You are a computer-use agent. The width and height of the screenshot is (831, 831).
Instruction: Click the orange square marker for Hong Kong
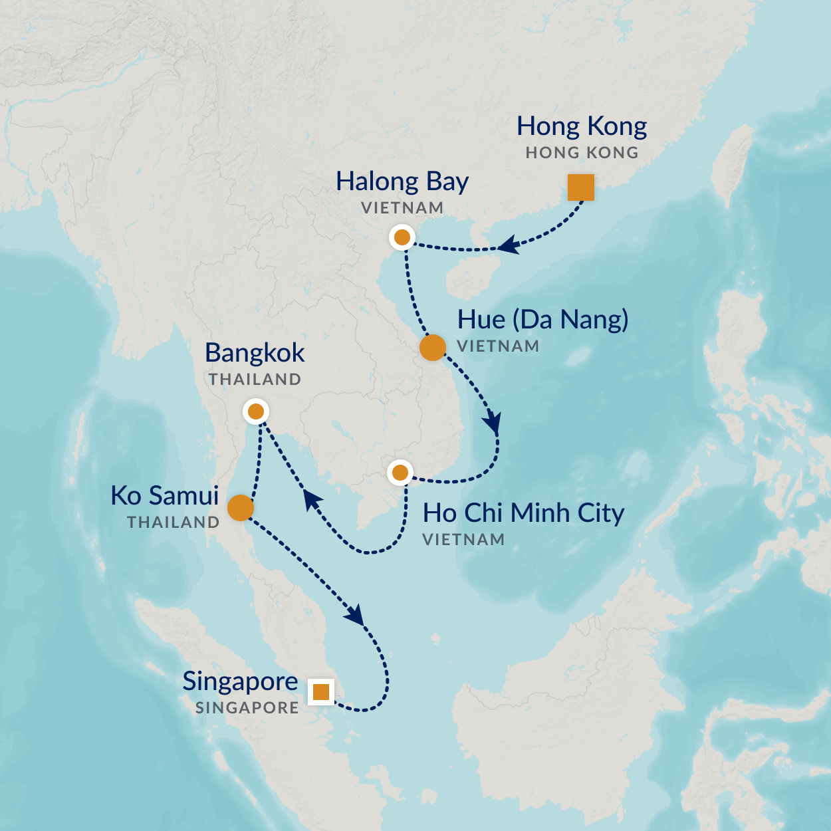tap(580, 187)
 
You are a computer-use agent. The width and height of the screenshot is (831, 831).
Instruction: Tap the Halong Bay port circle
tap(402, 237)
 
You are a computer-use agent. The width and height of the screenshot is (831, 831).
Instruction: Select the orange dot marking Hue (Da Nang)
tap(432, 347)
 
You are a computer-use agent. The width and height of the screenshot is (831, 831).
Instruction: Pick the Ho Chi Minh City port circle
tap(400, 473)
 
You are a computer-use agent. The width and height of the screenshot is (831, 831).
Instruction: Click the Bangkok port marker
tap(256, 412)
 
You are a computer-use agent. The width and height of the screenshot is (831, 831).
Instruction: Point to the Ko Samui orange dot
tap(240, 508)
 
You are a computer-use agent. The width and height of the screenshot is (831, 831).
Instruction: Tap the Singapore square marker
tap(321, 692)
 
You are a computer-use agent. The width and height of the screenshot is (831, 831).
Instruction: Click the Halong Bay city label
tap(402, 181)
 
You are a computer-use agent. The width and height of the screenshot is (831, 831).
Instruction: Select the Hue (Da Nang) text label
tap(542, 320)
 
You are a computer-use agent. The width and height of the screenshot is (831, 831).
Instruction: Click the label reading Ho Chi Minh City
tap(523, 513)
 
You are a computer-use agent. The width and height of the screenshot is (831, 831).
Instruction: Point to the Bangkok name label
tap(255, 353)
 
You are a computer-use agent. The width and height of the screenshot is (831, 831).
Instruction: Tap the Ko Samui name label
tap(165, 496)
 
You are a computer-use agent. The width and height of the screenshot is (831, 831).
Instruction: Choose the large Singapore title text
tap(240, 681)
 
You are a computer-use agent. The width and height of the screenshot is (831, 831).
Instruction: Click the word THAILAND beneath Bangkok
tap(255, 380)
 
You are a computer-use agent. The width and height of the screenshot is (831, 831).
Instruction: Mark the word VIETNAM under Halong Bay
tap(402, 208)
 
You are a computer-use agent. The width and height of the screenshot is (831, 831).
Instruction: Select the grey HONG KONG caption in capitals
tap(582, 153)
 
